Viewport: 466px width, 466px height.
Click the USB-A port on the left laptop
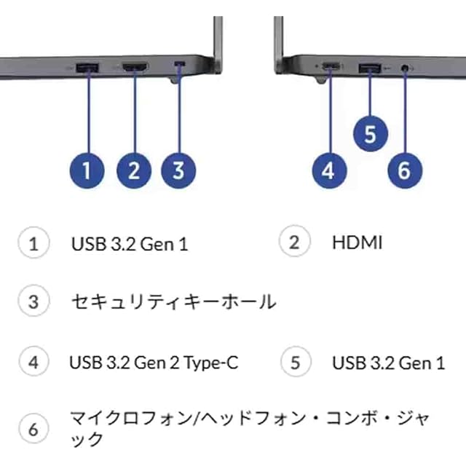89,68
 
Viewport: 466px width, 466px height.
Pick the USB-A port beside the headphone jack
369,68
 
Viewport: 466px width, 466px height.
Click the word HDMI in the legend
357,242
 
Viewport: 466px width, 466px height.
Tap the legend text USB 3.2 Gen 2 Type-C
154,362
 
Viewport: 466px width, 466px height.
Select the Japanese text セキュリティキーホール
173,301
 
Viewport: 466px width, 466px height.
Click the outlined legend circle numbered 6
33,430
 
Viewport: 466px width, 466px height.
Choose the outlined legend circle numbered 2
295,242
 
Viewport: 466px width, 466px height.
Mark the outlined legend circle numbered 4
33,362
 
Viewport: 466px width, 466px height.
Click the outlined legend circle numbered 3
33,301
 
